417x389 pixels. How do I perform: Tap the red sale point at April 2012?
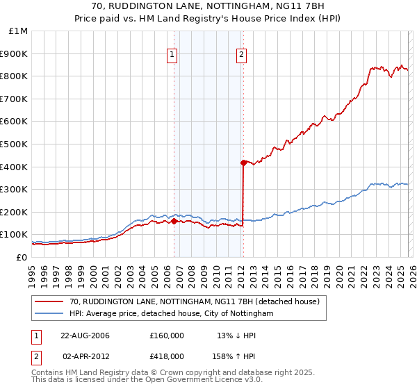(243, 163)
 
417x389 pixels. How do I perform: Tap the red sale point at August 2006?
(174, 221)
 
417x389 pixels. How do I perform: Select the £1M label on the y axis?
(19, 31)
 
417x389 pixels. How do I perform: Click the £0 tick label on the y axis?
(22, 257)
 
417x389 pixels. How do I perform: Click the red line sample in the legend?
(49, 302)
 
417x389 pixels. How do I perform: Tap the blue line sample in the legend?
(49, 314)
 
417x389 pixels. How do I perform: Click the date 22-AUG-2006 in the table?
(85, 336)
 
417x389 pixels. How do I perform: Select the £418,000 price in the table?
(167, 356)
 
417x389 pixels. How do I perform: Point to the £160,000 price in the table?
(167, 336)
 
